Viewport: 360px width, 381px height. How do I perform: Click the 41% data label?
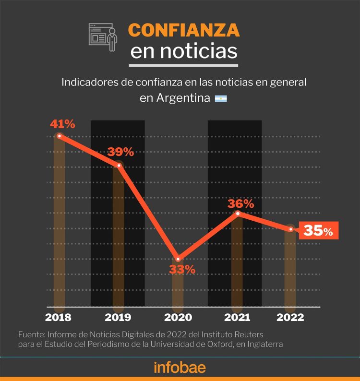(62, 124)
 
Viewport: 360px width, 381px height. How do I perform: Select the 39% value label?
(120, 152)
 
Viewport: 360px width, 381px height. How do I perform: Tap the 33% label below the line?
(182, 269)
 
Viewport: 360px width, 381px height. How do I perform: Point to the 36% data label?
(241, 203)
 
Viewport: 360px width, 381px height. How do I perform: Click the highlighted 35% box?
(318, 231)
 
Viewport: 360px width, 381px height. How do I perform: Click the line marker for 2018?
(59, 136)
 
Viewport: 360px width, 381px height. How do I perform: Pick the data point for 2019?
(119, 166)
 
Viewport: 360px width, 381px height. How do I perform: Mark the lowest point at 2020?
(178, 259)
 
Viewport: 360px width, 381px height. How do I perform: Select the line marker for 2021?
(237, 213)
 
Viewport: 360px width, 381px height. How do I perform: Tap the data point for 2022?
(290, 229)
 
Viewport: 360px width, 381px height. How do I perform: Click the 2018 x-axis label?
(58, 318)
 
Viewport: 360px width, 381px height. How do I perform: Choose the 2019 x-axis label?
(118, 318)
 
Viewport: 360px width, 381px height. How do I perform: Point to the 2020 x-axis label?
(178, 318)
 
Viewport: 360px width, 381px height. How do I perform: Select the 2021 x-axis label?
(237, 318)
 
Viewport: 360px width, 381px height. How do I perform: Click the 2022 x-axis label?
(290, 318)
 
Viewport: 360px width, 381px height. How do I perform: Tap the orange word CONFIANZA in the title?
(184, 30)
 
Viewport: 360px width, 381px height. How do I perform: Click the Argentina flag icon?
(221, 98)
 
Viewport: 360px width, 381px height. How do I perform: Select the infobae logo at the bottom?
(180, 368)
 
